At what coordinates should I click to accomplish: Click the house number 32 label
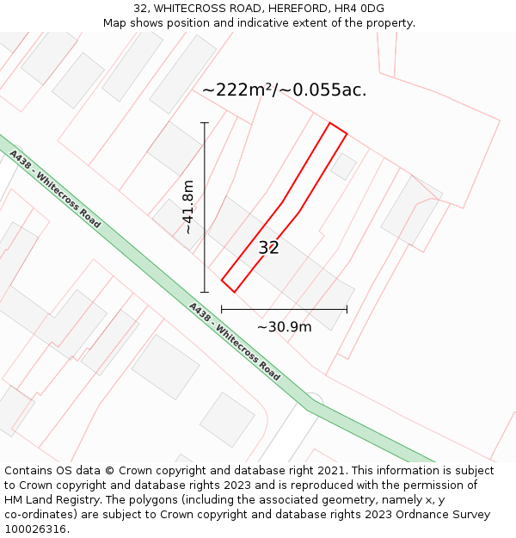tap(269, 248)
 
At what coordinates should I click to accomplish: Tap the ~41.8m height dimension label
tap(187, 207)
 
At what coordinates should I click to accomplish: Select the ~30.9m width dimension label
tap(284, 326)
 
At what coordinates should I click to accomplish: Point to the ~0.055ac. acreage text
tap(330, 90)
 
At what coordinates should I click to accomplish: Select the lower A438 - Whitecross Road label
tap(234, 341)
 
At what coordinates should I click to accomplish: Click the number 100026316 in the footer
tap(36, 529)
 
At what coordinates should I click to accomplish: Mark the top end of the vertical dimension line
tap(205, 123)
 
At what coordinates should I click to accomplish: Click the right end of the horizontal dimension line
tap(347, 309)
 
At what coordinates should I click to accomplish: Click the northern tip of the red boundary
tap(330, 123)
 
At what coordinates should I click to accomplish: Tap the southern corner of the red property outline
tap(234, 292)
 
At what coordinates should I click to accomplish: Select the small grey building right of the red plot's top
tap(343, 166)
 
